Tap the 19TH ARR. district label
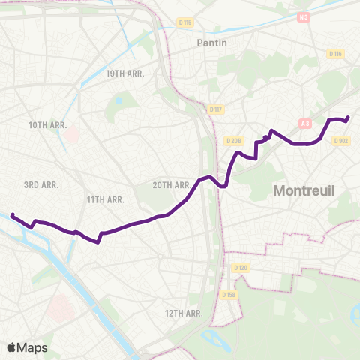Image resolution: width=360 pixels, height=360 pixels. pyautogui.click(x=124, y=73)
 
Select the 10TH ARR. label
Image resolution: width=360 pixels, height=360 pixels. pyautogui.click(x=48, y=124)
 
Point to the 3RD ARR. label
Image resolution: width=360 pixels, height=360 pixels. pyautogui.click(x=41, y=184)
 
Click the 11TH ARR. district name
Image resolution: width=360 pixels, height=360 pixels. pyautogui.click(x=105, y=199)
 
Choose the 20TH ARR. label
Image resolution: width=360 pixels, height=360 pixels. pyautogui.click(x=172, y=184)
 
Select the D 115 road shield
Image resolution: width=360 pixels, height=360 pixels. pyautogui.click(x=185, y=22)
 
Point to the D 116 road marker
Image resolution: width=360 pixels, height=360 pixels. pyautogui.click(x=334, y=54)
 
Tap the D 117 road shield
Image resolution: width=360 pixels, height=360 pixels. pyautogui.click(x=216, y=110)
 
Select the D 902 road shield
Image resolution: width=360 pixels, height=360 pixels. pyautogui.click(x=340, y=140)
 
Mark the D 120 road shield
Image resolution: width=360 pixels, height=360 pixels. pyautogui.click(x=240, y=268)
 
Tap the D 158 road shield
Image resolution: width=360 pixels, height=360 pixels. pyautogui.click(x=229, y=295)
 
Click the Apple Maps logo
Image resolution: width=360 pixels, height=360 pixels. pyautogui.click(x=27, y=347)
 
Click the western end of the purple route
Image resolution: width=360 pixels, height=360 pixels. pyautogui.click(x=12, y=215)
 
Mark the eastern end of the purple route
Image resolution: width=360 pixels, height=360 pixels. pyautogui.click(x=348, y=117)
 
